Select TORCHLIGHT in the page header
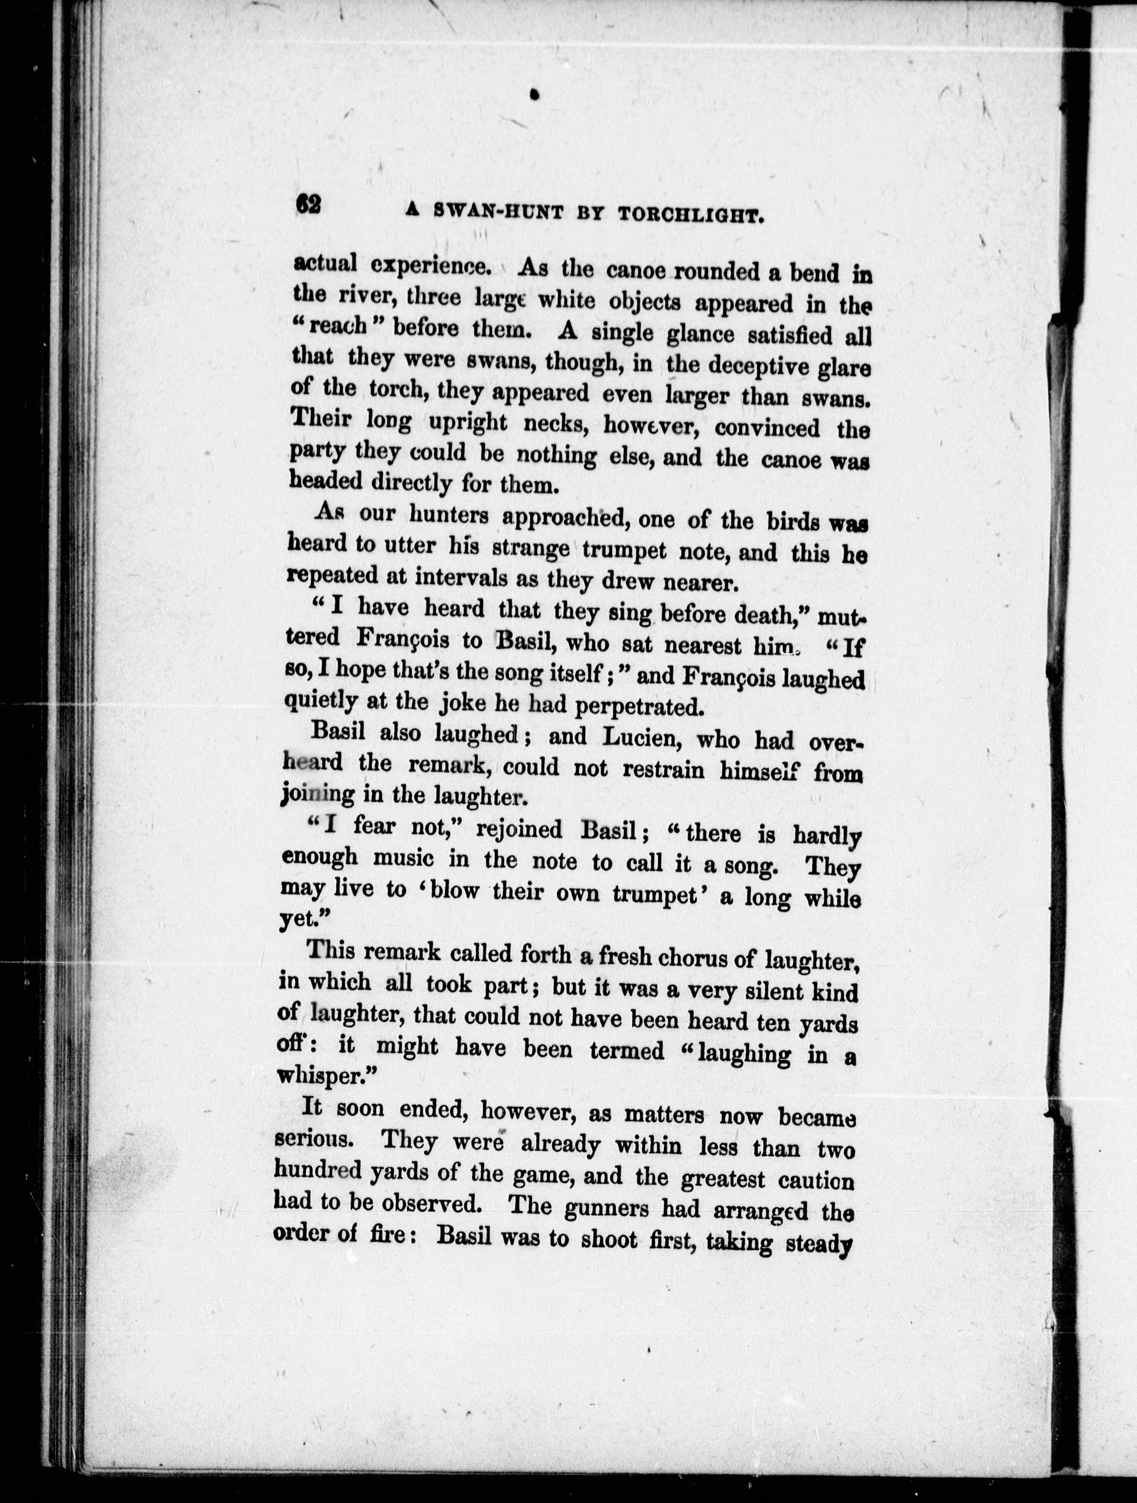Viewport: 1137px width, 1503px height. (x=693, y=216)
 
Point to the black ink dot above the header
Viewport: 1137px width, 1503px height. (x=535, y=96)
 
